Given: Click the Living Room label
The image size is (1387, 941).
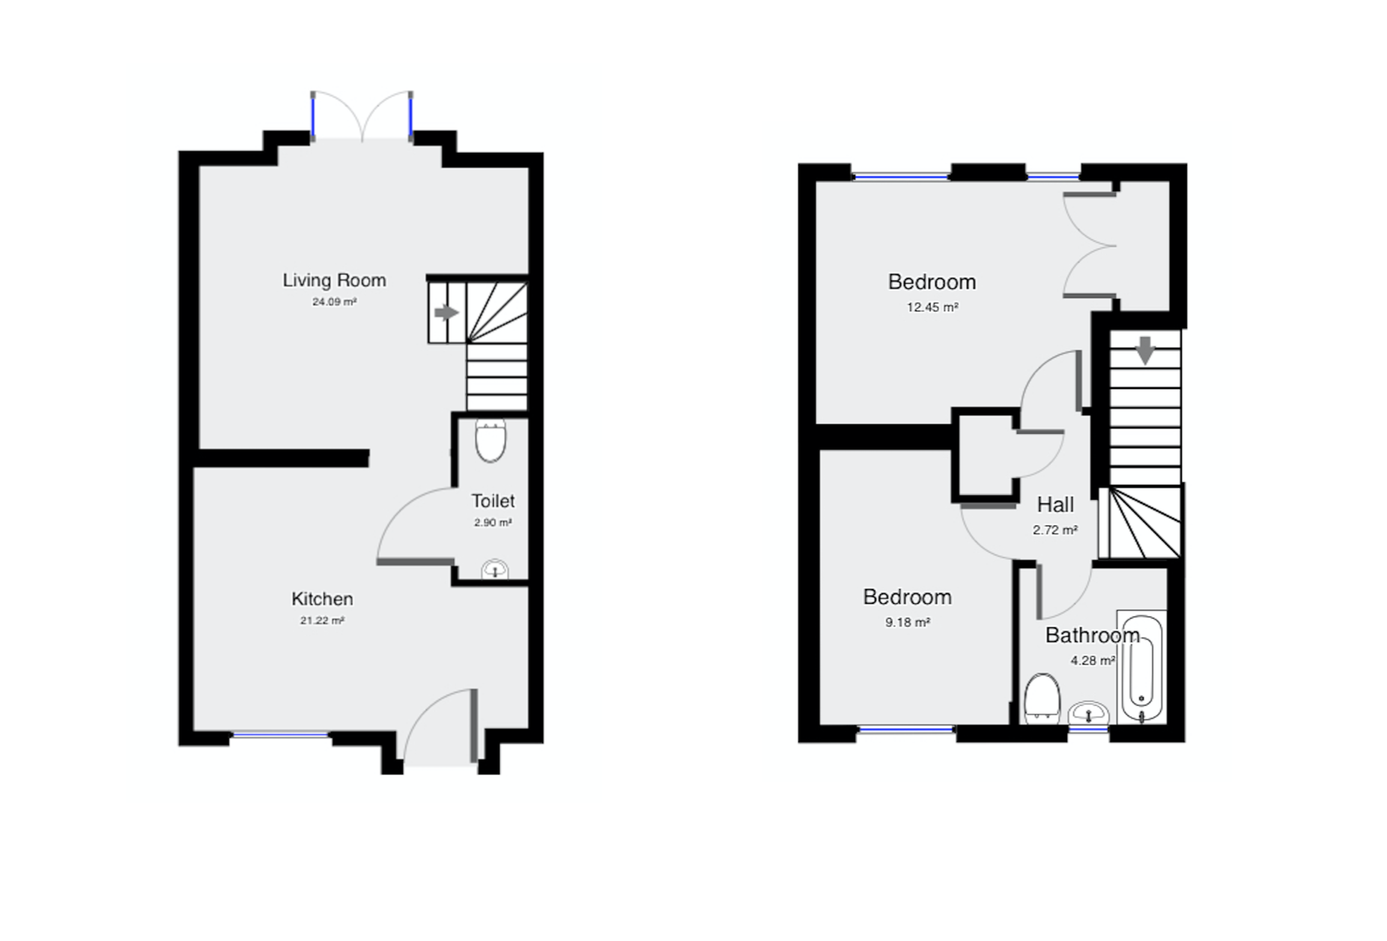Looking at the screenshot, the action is tap(334, 280).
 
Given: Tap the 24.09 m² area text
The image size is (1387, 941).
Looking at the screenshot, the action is tap(334, 302).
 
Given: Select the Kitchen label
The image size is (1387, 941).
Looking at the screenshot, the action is tap(322, 599).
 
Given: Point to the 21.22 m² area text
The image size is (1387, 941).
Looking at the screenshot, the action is tap(322, 620).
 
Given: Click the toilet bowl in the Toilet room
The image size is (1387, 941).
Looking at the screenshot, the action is tap(491, 441).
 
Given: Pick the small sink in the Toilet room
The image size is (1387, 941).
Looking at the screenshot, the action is tap(494, 569).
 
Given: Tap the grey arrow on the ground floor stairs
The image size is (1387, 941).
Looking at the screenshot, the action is tap(446, 312).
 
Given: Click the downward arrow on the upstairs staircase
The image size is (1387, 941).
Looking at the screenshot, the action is tap(1145, 351).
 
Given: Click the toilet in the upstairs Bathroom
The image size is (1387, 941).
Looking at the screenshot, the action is tap(1041, 698).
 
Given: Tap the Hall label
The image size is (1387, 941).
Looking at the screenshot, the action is tap(1055, 504).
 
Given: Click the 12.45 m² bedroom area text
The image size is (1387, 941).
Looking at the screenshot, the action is tap(932, 307).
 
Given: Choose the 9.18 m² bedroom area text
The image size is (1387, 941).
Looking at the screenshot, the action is tap(908, 623).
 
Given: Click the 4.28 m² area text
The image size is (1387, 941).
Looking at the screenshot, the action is tap(1093, 661).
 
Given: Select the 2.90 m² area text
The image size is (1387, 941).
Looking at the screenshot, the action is tap(493, 523).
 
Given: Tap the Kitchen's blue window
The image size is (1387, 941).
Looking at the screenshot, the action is tap(280, 735).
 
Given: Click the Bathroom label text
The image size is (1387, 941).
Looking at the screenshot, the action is tap(1093, 635).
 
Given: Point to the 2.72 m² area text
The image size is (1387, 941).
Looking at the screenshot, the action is tap(1055, 530).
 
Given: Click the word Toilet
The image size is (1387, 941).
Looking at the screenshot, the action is tap(493, 500).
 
